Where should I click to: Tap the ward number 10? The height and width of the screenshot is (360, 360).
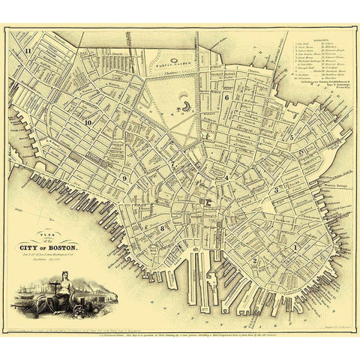point(88,122)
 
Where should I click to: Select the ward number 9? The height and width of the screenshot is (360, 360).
point(124,178)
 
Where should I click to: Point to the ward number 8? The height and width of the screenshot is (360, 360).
point(161,226)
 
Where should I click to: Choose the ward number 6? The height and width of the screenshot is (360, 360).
point(226,98)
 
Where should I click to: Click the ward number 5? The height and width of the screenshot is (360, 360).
point(291,137)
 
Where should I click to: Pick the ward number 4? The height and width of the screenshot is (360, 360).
point(226,178)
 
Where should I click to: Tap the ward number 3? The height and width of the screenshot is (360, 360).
point(276,190)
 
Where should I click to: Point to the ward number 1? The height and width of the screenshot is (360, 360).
point(295,246)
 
